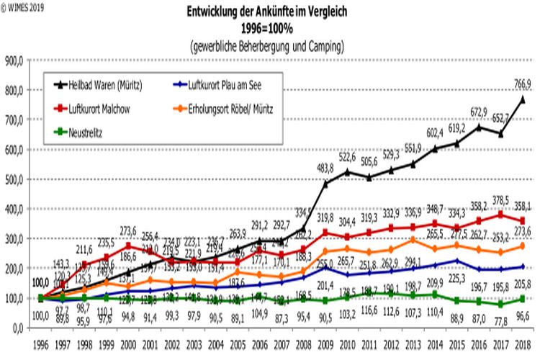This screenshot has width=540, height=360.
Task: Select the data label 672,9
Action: tap(480, 112)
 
